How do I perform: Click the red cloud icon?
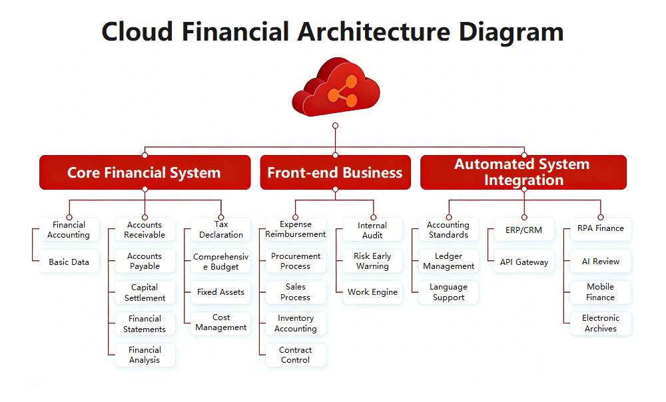tap(335, 87)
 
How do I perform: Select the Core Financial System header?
tap(145, 173)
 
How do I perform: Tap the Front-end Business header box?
tap(335, 173)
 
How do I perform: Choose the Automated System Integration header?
tap(523, 172)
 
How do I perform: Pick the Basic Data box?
tap(69, 262)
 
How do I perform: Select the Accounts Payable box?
tap(145, 261)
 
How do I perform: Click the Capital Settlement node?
tap(145, 292)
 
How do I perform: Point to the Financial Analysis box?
tap(145, 355)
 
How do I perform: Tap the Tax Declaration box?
tap(221, 230)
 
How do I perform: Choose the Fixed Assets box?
tap(221, 292)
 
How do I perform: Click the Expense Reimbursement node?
tap(296, 230)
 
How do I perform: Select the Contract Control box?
tap(296, 355)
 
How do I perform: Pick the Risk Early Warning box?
tap(372, 261)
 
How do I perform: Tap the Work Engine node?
tap(372, 292)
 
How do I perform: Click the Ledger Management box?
tap(448, 261)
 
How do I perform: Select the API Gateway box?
tap(524, 262)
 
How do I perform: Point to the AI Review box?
tap(600, 262)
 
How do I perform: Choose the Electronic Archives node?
tap(600, 323)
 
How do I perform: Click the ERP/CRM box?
tap(524, 230)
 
